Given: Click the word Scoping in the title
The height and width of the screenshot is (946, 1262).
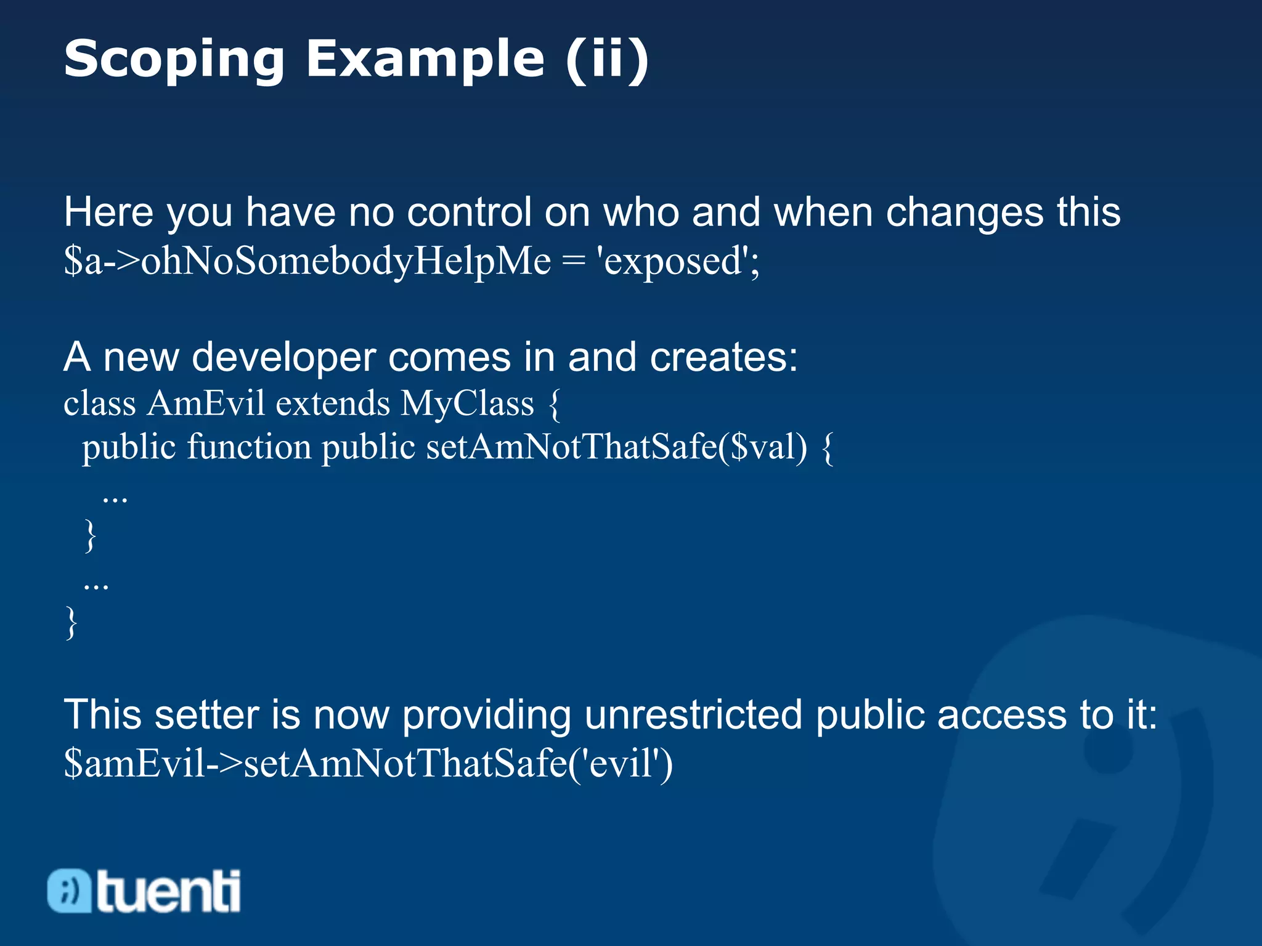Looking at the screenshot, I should click(174, 60).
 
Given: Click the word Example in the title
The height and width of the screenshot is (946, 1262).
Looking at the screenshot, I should click(425, 60).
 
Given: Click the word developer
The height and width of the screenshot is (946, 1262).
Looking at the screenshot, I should click(283, 357).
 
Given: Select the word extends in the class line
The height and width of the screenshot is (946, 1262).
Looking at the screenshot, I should click(333, 403).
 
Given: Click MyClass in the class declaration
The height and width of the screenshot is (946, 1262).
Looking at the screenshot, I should click(467, 403).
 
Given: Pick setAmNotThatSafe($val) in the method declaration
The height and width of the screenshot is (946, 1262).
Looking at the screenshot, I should click(616, 447).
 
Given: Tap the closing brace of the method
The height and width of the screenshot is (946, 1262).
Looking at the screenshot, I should click(90, 535).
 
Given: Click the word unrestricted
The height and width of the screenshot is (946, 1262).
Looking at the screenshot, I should click(693, 715).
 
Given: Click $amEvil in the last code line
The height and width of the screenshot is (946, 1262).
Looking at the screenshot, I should click(134, 764).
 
